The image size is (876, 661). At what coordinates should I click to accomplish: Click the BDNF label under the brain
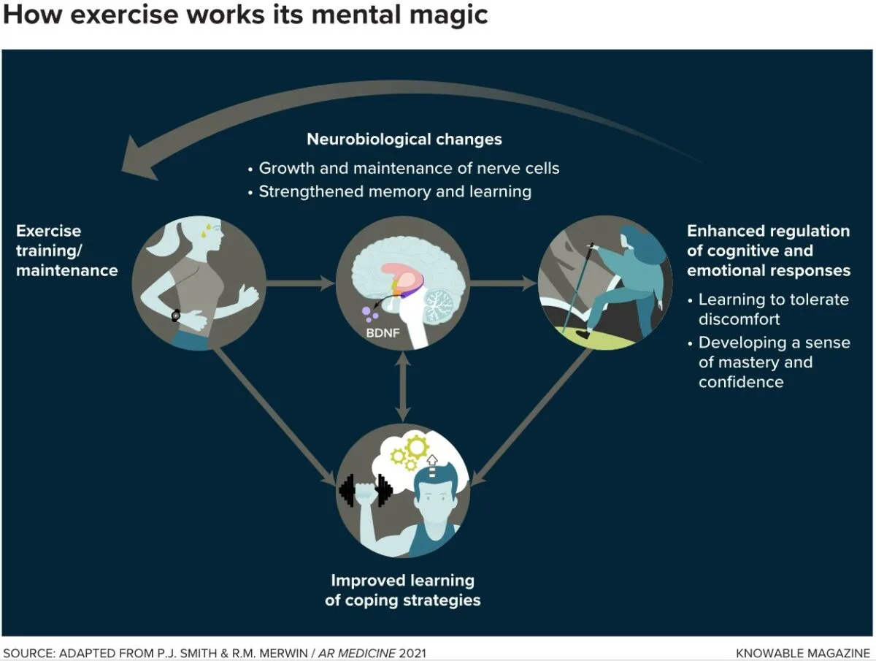383,333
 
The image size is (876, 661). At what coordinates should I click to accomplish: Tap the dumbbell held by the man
366,490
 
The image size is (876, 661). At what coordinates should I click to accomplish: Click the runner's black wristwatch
176,316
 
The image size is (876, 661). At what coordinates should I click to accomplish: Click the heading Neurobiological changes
404,139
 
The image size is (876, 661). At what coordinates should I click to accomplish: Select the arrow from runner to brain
300,283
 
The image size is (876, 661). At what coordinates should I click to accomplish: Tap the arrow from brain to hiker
504,283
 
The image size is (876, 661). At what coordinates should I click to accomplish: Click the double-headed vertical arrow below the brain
403,387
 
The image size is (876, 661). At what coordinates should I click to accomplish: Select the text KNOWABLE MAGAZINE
803,653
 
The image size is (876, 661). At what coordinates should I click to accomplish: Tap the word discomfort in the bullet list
739,319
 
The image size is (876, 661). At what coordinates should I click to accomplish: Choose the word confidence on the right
741,382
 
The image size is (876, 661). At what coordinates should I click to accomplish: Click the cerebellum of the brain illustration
438,305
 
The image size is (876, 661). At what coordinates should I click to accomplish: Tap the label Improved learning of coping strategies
403,590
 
